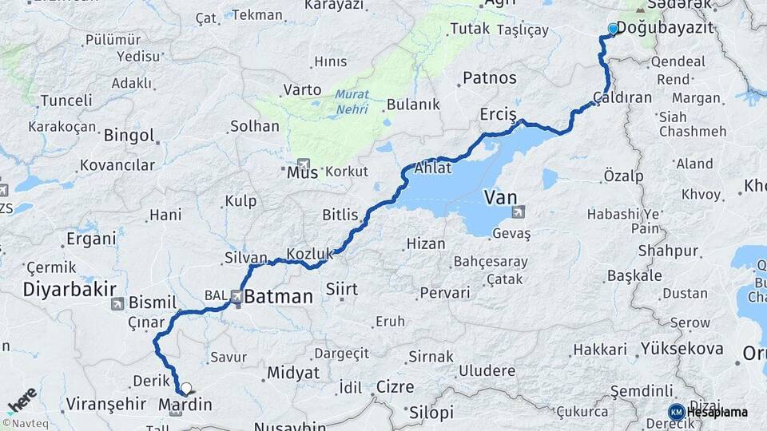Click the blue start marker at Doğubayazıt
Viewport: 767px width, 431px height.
point(613,29)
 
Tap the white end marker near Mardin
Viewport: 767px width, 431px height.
point(186,389)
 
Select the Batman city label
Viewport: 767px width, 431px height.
point(278,297)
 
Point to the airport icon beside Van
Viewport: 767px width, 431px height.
point(520,212)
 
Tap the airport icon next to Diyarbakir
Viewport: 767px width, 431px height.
point(118,303)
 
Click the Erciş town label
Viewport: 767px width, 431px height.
point(499,115)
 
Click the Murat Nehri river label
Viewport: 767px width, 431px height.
point(352,101)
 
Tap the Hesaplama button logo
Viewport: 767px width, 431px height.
point(676,412)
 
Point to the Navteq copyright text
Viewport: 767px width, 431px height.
point(23,424)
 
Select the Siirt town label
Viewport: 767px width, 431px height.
point(341,288)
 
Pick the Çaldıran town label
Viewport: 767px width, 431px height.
point(622,97)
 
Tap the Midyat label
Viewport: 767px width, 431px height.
point(293,373)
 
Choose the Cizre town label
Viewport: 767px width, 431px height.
point(395,387)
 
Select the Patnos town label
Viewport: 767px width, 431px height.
point(490,78)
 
